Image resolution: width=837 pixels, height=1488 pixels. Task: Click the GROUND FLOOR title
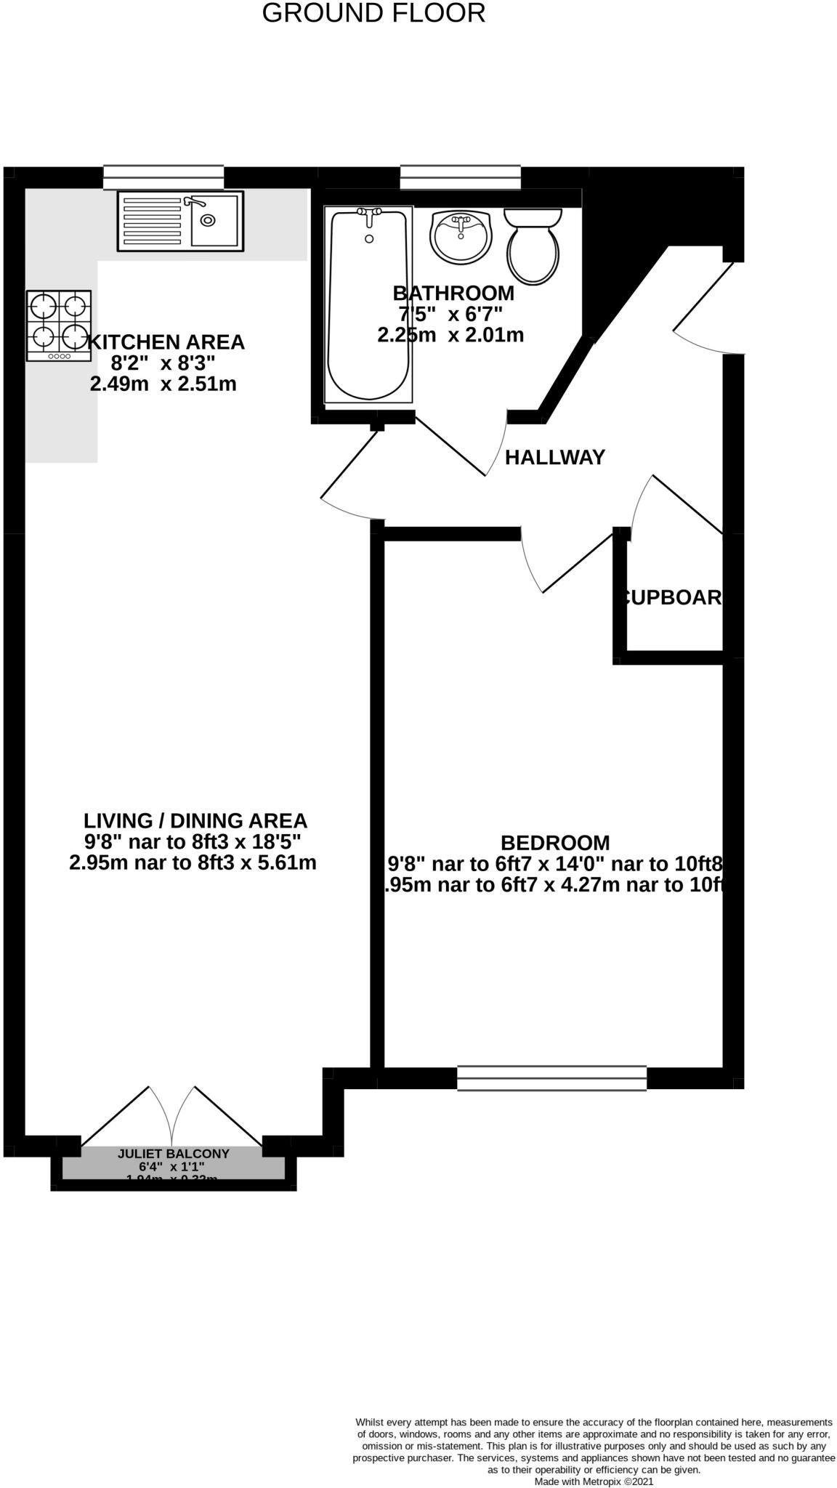coord(373,13)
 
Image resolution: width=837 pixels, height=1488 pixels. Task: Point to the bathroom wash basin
coord(460,235)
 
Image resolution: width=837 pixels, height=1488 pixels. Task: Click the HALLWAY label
coord(555,458)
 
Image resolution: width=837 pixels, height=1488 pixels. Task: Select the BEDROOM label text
coord(555,843)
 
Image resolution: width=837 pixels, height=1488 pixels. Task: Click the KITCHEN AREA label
coord(166,342)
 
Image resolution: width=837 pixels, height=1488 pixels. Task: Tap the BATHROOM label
coord(453,294)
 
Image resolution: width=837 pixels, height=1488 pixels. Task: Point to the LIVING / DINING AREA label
coord(195,821)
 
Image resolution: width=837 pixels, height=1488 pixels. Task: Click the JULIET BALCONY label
coord(174,1153)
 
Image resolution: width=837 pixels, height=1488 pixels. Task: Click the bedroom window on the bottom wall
coord(551,1077)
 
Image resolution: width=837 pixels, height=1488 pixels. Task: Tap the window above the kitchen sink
coord(163,177)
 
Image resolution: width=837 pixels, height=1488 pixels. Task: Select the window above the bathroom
coord(461,177)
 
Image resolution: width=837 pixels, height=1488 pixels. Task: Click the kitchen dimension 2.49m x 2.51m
coord(163,384)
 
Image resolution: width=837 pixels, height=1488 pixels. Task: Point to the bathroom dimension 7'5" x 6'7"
coord(450,315)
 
